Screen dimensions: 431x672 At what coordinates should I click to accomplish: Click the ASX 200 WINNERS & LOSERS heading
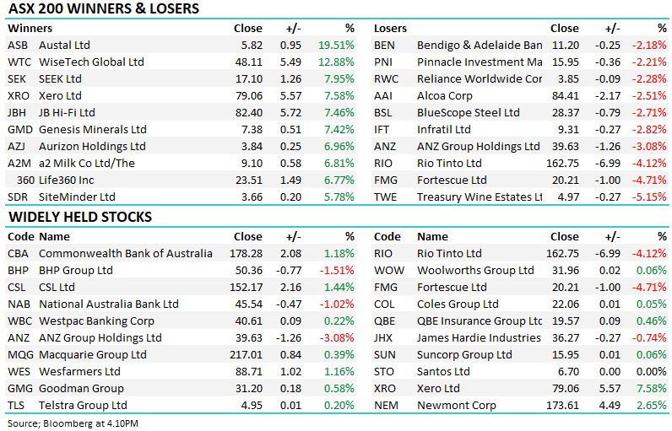(x=104, y=9)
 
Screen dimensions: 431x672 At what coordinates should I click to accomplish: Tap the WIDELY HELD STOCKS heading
(x=80, y=217)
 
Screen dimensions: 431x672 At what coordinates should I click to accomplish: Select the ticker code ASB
(x=19, y=45)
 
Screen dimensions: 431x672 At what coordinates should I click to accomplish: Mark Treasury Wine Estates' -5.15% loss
(x=650, y=197)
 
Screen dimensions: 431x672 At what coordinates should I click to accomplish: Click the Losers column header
(x=390, y=28)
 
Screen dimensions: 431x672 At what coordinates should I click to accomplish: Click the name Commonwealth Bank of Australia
(x=126, y=253)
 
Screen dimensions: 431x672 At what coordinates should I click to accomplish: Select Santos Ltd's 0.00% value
(x=651, y=372)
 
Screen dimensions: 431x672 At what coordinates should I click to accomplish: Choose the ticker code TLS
(x=18, y=406)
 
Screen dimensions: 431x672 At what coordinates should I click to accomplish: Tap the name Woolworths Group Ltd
(x=475, y=270)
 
